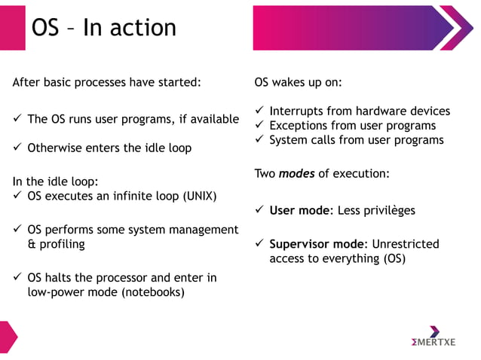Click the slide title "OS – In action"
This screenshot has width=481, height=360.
(x=103, y=27)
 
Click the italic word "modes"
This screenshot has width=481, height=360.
(x=296, y=173)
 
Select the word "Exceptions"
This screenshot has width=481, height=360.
(x=302, y=125)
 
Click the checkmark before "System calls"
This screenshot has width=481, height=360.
(x=259, y=139)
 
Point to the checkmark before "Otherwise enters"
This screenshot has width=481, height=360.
(x=17, y=148)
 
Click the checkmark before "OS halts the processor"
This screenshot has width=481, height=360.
(x=17, y=277)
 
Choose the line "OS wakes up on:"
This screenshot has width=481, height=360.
(x=299, y=81)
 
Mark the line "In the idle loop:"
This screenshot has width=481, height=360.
(x=56, y=182)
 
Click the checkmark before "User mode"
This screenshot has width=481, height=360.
(x=259, y=210)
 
